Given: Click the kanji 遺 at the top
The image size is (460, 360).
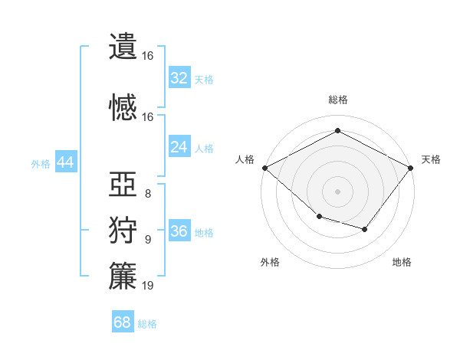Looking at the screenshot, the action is coord(123,46).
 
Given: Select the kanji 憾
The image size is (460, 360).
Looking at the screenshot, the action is coord(123,107).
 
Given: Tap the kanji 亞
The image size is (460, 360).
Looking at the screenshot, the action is coord(123,184).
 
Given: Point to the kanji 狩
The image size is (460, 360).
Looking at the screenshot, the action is coord(123,230).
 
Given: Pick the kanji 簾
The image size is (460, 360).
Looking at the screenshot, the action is coord(123,276).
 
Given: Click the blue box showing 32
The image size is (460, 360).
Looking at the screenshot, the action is coord(179,77).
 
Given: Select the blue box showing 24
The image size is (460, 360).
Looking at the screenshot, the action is coord(179,146).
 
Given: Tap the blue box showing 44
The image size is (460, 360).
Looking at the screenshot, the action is coord(66,162).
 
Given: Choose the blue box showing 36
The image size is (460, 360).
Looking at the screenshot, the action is coord(179,230).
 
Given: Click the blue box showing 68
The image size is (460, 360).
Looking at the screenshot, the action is coord(123,321).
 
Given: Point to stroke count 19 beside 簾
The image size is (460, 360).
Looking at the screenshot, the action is coord(147,285).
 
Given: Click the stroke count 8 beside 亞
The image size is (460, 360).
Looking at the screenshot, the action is coord(148,194).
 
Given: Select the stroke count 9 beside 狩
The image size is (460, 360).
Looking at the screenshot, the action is coord(148,240).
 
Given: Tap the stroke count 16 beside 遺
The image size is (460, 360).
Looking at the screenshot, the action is coord(147,56).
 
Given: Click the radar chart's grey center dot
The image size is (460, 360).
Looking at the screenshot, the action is coord(337,191).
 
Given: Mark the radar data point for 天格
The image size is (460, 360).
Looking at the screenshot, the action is coord(411,168).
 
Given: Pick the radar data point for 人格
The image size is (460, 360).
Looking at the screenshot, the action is coord(265,168).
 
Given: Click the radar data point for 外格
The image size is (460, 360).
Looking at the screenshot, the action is coord(320,216).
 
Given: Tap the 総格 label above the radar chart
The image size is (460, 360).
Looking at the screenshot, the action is coord(338,100).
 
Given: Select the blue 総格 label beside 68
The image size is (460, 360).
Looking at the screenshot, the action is coord(147,324).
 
